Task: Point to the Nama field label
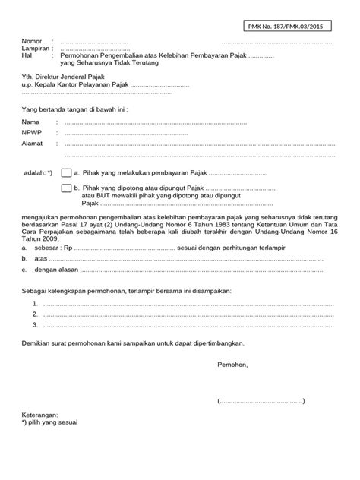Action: [30, 122]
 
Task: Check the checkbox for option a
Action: [67, 173]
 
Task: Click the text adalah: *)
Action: [38, 173]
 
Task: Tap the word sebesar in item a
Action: [47, 248]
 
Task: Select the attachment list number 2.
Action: [36, 314]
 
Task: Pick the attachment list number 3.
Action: [36, 324]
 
